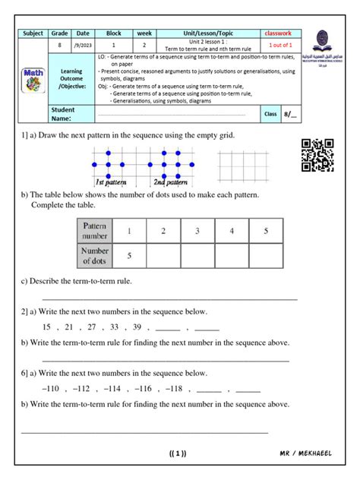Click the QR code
(317, 155)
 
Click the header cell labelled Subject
(34, 34)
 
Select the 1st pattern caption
(111, 183)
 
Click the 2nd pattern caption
(171, 183)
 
